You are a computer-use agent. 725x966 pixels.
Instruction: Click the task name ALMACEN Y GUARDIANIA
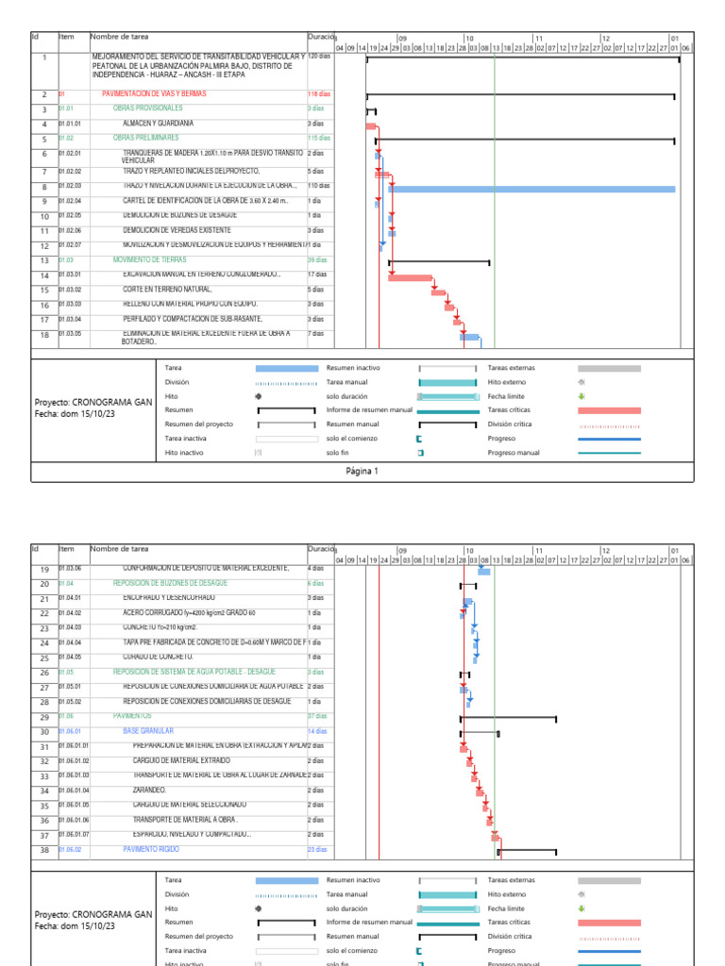pyautogui.click(x=158, y=124)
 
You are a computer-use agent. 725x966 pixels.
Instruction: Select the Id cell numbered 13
pyautogui.click(x=43, y=260)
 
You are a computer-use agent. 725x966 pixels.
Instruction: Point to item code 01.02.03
pyautogui.click(x=70, y=186)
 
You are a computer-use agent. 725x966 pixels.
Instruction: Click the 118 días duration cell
pyautogui.click(x=318, y=94)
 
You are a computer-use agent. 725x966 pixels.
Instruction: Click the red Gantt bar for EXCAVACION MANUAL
pyautogui.click(x=410, y=277)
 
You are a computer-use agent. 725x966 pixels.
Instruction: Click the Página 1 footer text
pyautogui.click(x=362, y=471)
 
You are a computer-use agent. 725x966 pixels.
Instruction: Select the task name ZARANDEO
pyautogui.click(x=150, y=791)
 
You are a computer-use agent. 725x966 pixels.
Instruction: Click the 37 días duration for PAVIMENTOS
pyautogui.click(x=318, y=717)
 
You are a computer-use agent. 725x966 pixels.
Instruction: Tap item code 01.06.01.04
pyautogui.click(x=74, y=791)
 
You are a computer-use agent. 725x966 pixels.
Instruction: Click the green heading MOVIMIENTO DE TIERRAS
pyautogui.click(x=149, y=259)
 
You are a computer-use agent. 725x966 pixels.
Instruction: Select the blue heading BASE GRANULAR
pyautogui.click(x=148, y=731)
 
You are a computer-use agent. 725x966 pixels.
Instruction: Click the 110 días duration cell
pyautogui.click(x=318, y=186)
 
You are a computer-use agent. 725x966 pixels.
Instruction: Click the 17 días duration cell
pyautogui.click(x=317, y=275)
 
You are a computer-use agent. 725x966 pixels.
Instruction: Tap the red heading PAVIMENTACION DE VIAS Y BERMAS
pyautogui.click(x=154, y=94)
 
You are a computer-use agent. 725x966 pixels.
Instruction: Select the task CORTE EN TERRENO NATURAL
pyautogui.click(x=168, y=290)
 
